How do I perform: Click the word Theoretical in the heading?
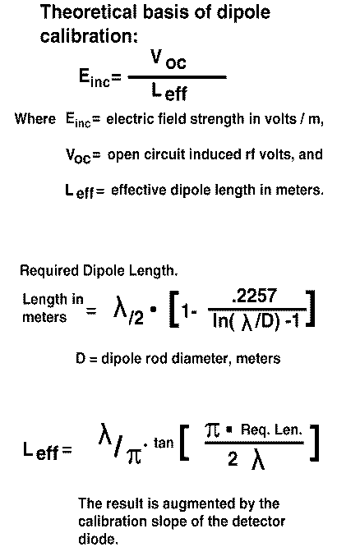tap(90, 12)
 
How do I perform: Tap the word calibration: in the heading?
tap(89, 36)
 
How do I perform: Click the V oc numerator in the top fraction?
tap(168, 59)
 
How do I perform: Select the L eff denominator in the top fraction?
tap(169, 92)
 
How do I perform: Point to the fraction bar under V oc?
tap(178, 76)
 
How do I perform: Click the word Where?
tap(35, 118)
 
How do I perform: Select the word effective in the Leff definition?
tap(139, 190)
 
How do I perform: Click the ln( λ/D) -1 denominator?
tap(256, 321)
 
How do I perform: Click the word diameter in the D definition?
tap(201, 359)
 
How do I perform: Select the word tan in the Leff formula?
tap(164, 443)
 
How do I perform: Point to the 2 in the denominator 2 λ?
tap(233, 458)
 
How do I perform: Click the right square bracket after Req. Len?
tap(314, 443)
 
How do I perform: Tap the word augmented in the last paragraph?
tap(199, 504)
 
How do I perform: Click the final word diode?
tap(98, 539)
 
